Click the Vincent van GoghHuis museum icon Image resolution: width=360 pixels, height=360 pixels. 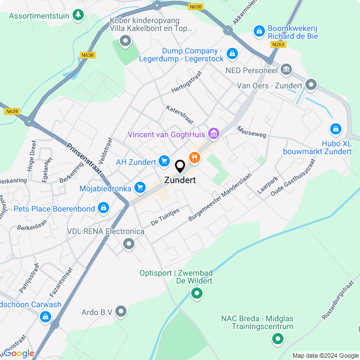pyautogui.click(x=213, y=134)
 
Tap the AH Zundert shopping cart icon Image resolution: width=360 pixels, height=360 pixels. pyautogui.click(x=164, y=161)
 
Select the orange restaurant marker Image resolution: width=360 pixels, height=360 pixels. pyautogui.click(x=194, y=158)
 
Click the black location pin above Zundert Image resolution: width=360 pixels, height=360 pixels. pyautogui.click(x=180, y=166)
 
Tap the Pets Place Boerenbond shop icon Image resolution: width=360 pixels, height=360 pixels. pyautogui.click(x=103, y=209)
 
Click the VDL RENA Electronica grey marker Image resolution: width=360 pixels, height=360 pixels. pyautogui.click(x=129, y=244)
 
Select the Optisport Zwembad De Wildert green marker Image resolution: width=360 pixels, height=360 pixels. pyautogui.click(x=197, y=292)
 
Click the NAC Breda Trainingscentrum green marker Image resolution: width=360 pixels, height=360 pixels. pyautogui.click(x=277, y=339)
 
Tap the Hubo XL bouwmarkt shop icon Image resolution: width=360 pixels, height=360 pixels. pyautogui.click(x=336, y=129)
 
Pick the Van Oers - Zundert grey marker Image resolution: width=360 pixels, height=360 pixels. pyautogui.click(x=311, y=85)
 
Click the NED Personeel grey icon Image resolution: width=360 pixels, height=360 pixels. pyautogui.click(x=286, y=70)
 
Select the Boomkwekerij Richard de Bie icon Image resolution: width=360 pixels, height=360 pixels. pyautogui.click(x=259, y=30)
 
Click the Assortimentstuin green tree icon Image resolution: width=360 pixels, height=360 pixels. pyautogui.click(x=79, y=15)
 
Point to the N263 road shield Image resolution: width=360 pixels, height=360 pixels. pyautogui.click(x=277, y=44)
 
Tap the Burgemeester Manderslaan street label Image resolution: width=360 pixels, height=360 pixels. pyautogui.click(x=219, y=199)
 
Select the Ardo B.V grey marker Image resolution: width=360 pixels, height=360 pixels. pyautogui.click(x=121, y=312)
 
